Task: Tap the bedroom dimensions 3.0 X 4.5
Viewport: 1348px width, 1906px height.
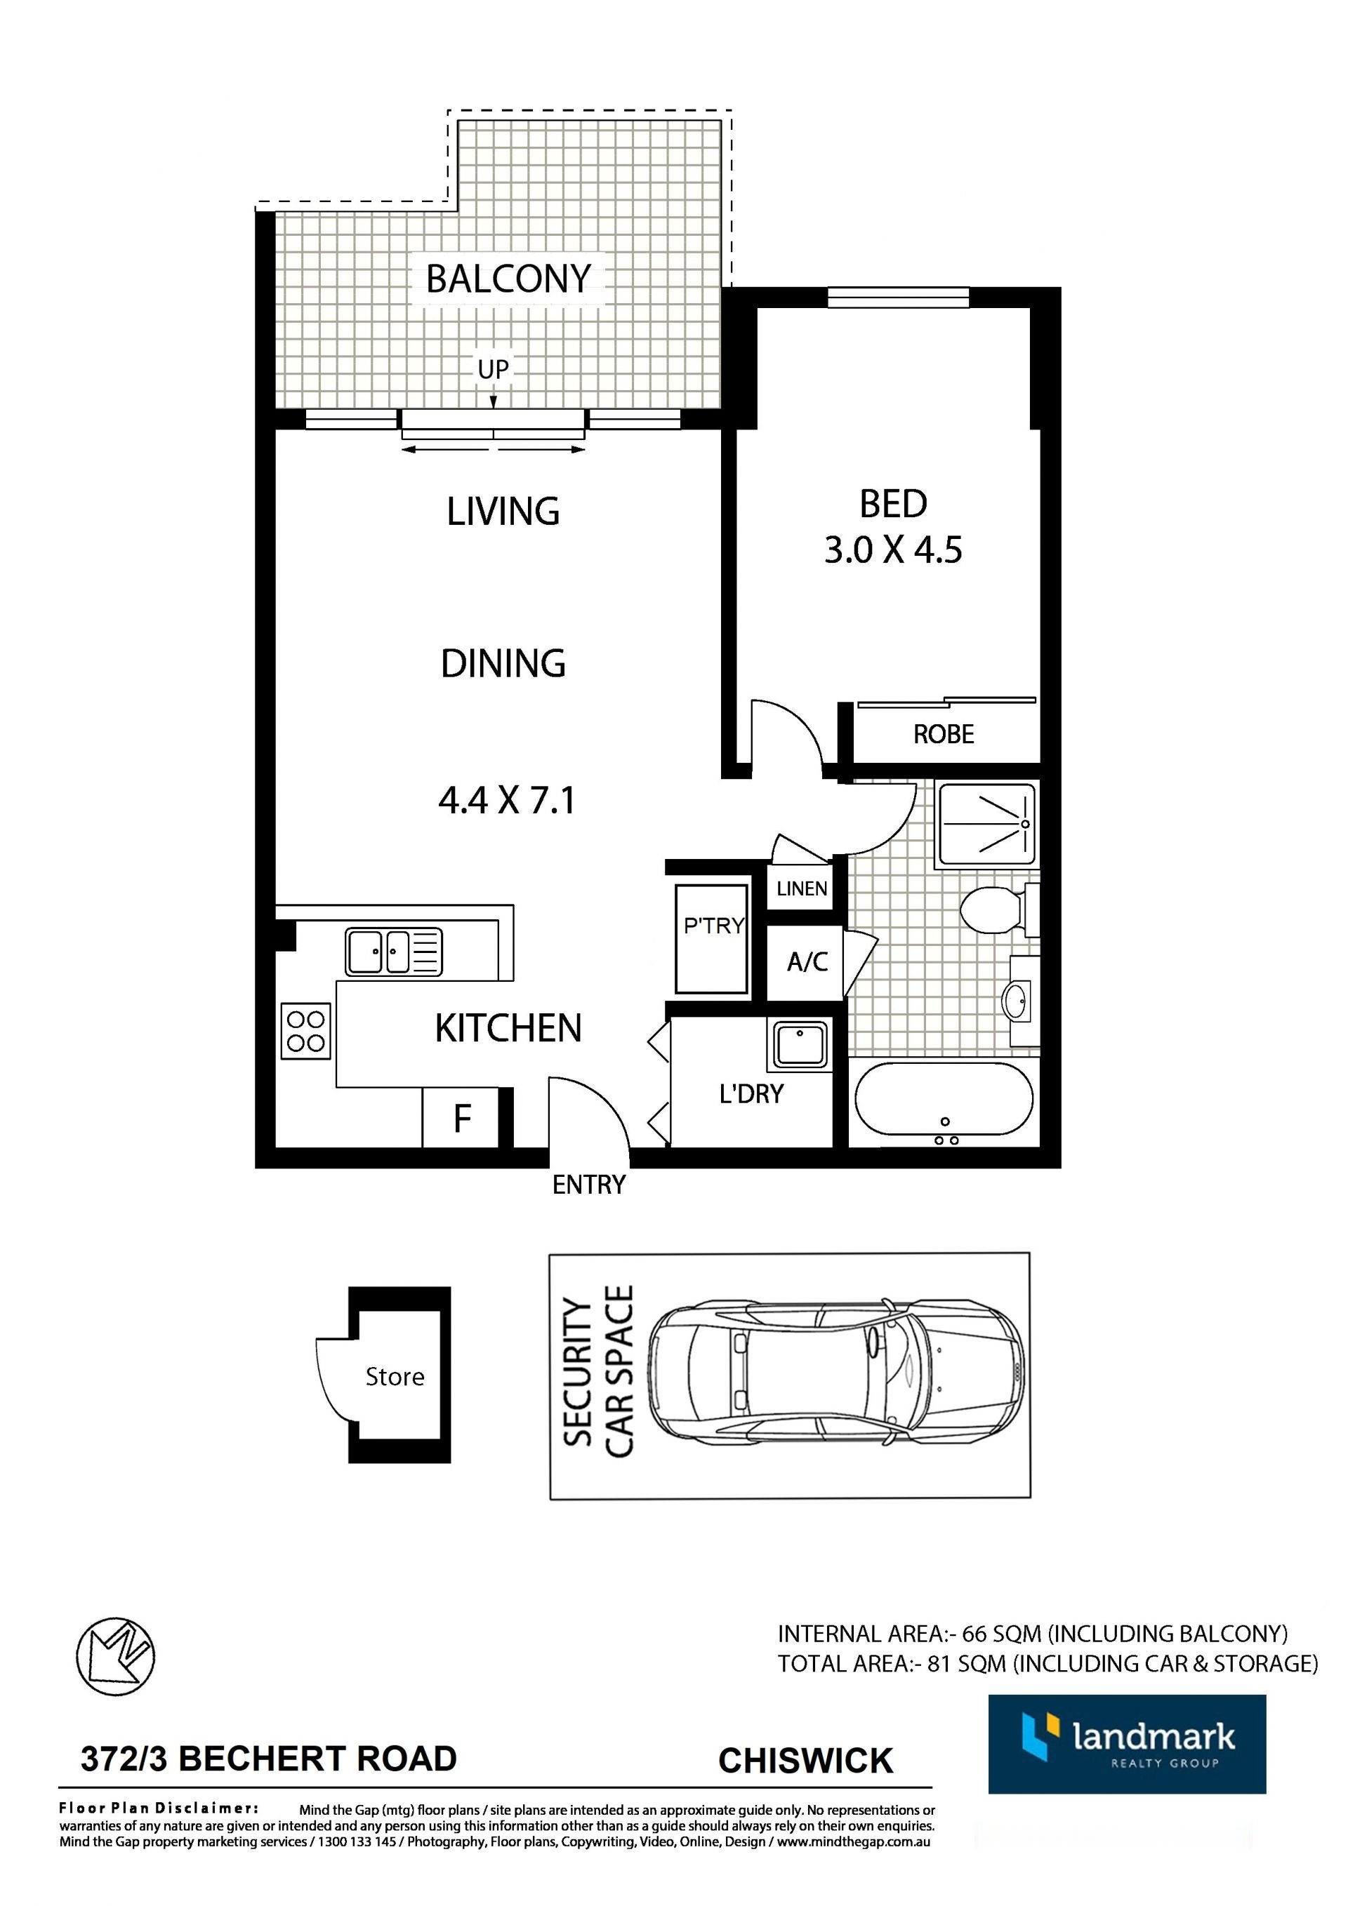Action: pos(893,549)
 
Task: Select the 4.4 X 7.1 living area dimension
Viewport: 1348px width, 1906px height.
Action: pos(507,801)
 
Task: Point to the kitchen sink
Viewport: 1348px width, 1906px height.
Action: pos(394,952)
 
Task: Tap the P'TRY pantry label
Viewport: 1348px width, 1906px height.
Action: pos(713,926)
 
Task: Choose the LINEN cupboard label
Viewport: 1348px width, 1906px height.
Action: pos(802,888)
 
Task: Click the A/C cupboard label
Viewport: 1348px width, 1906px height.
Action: pos(807,962)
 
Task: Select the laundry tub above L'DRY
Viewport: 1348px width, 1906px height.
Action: pos(800,1044)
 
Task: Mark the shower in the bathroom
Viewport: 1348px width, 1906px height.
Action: pos(986,825)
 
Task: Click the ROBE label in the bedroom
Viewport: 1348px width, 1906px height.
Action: pos(944,735)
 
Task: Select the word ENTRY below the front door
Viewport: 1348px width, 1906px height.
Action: pos(589,1185)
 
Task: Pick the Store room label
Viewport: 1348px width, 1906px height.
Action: pos(395,1377)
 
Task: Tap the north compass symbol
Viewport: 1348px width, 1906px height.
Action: pos(115,1658)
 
